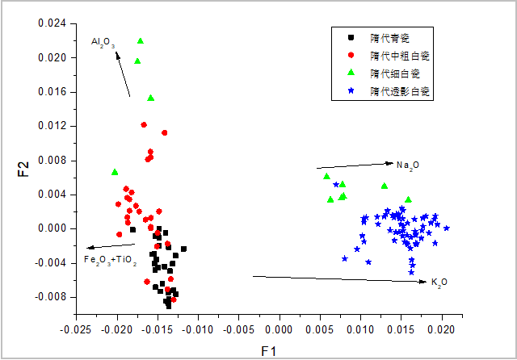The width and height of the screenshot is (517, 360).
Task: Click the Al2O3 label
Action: click(104, 41)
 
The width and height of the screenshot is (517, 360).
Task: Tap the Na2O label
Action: click(408, 165)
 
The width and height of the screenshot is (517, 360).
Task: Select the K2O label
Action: click(439, 282)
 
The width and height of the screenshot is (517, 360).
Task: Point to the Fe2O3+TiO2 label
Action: click(111, 260)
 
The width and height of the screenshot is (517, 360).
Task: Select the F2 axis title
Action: click(23, 169)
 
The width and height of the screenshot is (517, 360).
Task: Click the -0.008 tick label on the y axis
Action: click(50, 297)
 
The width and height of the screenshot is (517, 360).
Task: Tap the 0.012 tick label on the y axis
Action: click(52, 126)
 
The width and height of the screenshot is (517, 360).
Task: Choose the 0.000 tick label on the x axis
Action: click(279, 329)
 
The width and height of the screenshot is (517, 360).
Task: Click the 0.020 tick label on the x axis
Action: click(441, 329)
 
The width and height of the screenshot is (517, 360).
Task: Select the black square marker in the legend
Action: click(350, 37)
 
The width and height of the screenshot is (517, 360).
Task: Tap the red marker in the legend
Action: click(350, 56)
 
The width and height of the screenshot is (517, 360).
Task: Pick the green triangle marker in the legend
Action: click(350, 73)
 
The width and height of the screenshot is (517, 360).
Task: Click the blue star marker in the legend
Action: click(350, 92)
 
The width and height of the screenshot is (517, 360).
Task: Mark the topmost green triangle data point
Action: click(141, 40)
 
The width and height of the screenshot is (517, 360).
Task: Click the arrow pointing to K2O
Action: click(339, 279)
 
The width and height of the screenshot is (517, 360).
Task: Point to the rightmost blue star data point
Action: click(446, 228)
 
